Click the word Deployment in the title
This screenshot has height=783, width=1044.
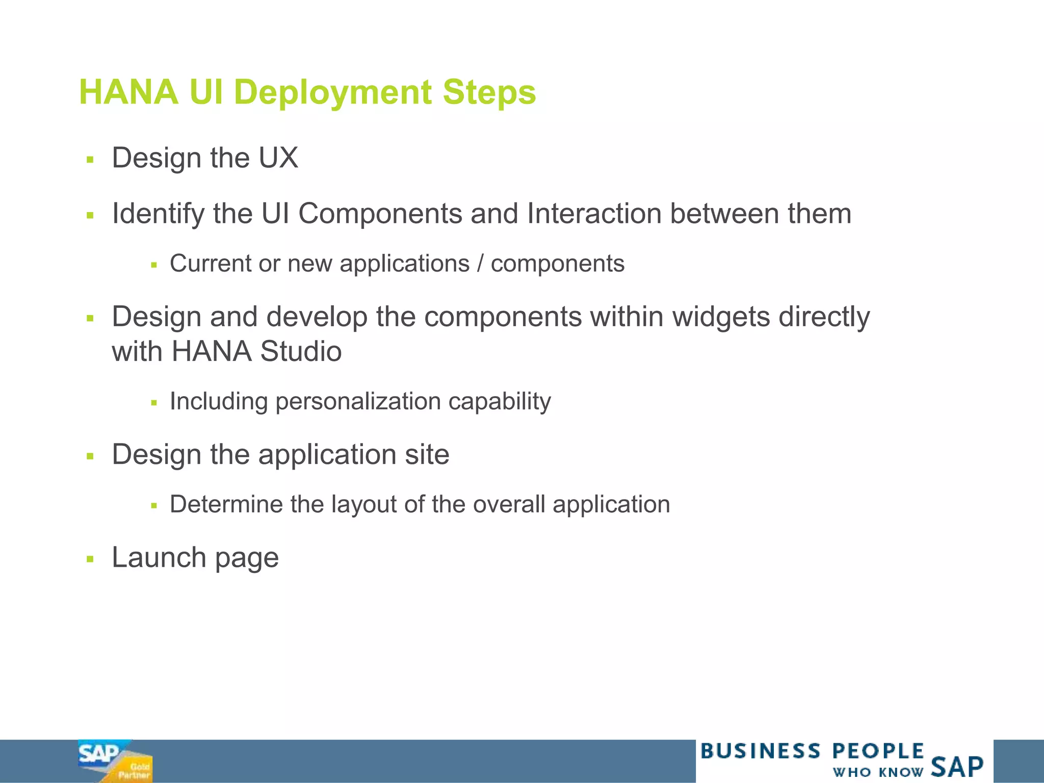coord(332,93)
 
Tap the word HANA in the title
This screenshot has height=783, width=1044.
coord(129,93)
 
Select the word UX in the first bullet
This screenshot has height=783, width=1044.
coord(278,158)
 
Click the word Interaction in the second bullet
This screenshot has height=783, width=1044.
coord(594,214)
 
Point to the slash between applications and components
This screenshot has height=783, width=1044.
coord(480,264)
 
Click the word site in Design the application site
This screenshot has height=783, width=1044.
coord(427,455)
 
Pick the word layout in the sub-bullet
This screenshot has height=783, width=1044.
coord(364,505)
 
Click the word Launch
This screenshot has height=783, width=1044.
coord(159,558)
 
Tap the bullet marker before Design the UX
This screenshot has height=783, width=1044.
coord(91,160)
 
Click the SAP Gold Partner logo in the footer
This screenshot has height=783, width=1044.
coord(115,761)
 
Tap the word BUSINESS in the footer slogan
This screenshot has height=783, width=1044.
coord(761,751)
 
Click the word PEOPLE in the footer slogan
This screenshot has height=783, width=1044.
coord(878,751)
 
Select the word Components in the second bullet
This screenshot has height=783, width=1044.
coord(380,214)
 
